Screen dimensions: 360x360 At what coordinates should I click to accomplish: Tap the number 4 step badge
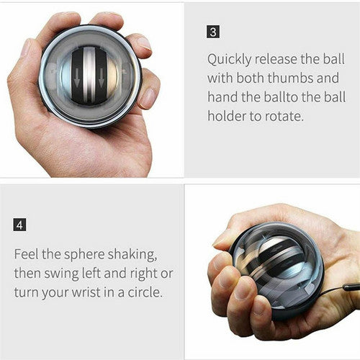[20, 225]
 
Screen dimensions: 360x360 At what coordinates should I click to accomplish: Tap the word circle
[150, 292]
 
